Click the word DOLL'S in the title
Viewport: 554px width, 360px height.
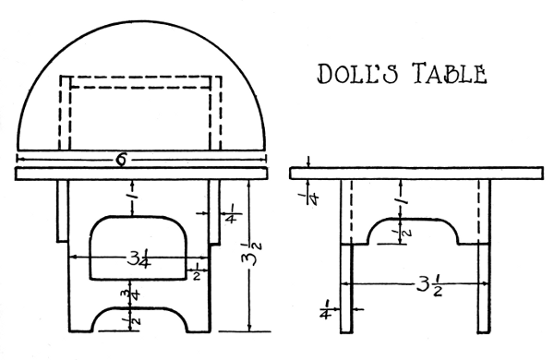click(355, 74)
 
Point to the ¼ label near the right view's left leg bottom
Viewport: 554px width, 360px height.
click(328, 308)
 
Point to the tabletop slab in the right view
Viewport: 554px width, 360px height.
click(415, 172)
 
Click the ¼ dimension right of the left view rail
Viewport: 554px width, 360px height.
click(231, 215)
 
